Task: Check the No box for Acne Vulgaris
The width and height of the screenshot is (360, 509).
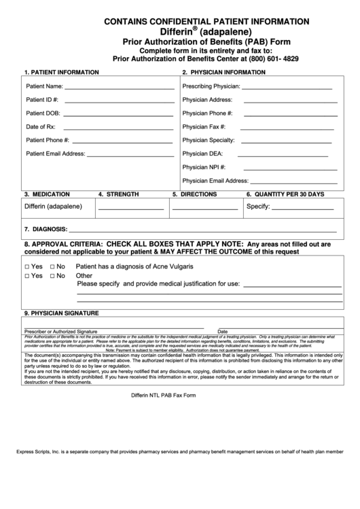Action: [x=52, y=266]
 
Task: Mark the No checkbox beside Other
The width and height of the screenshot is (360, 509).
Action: [x=52, y=277]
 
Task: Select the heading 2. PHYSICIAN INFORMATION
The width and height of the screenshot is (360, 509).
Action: [x=223, y=71]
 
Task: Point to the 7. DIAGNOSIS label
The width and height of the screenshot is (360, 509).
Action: [x=45, y=229]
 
